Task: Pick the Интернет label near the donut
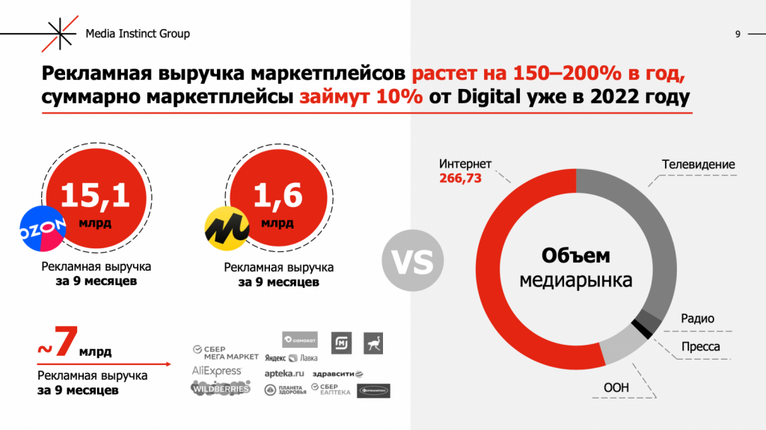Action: (465, 165)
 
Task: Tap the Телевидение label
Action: (698, 165)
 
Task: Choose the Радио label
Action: (697, 319)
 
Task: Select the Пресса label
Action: (701, 346)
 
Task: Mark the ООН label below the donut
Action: (616, 387)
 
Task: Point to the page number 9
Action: (738, 34)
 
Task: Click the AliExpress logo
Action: (217, 371)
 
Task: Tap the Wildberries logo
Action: (220, 388)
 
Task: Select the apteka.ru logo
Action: (284, 372)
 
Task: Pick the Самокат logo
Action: (300, 340)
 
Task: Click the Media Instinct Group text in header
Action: (138, 34)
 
